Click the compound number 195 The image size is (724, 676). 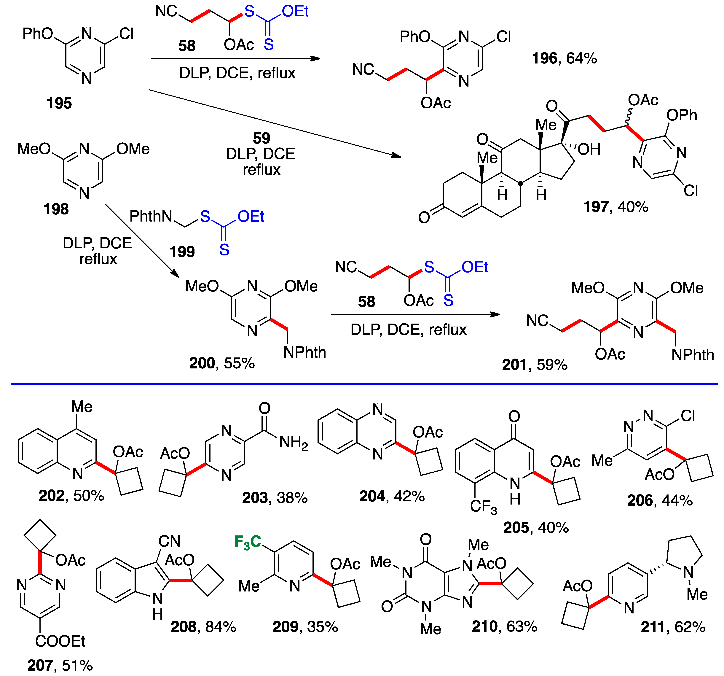[x=59, y=104]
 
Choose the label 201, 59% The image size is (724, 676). [x=534, y=365]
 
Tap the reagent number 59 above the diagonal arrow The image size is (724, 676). [x=261, y=138]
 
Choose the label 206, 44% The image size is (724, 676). [x=660, y=500]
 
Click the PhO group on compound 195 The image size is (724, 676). [x=38, y=34]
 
